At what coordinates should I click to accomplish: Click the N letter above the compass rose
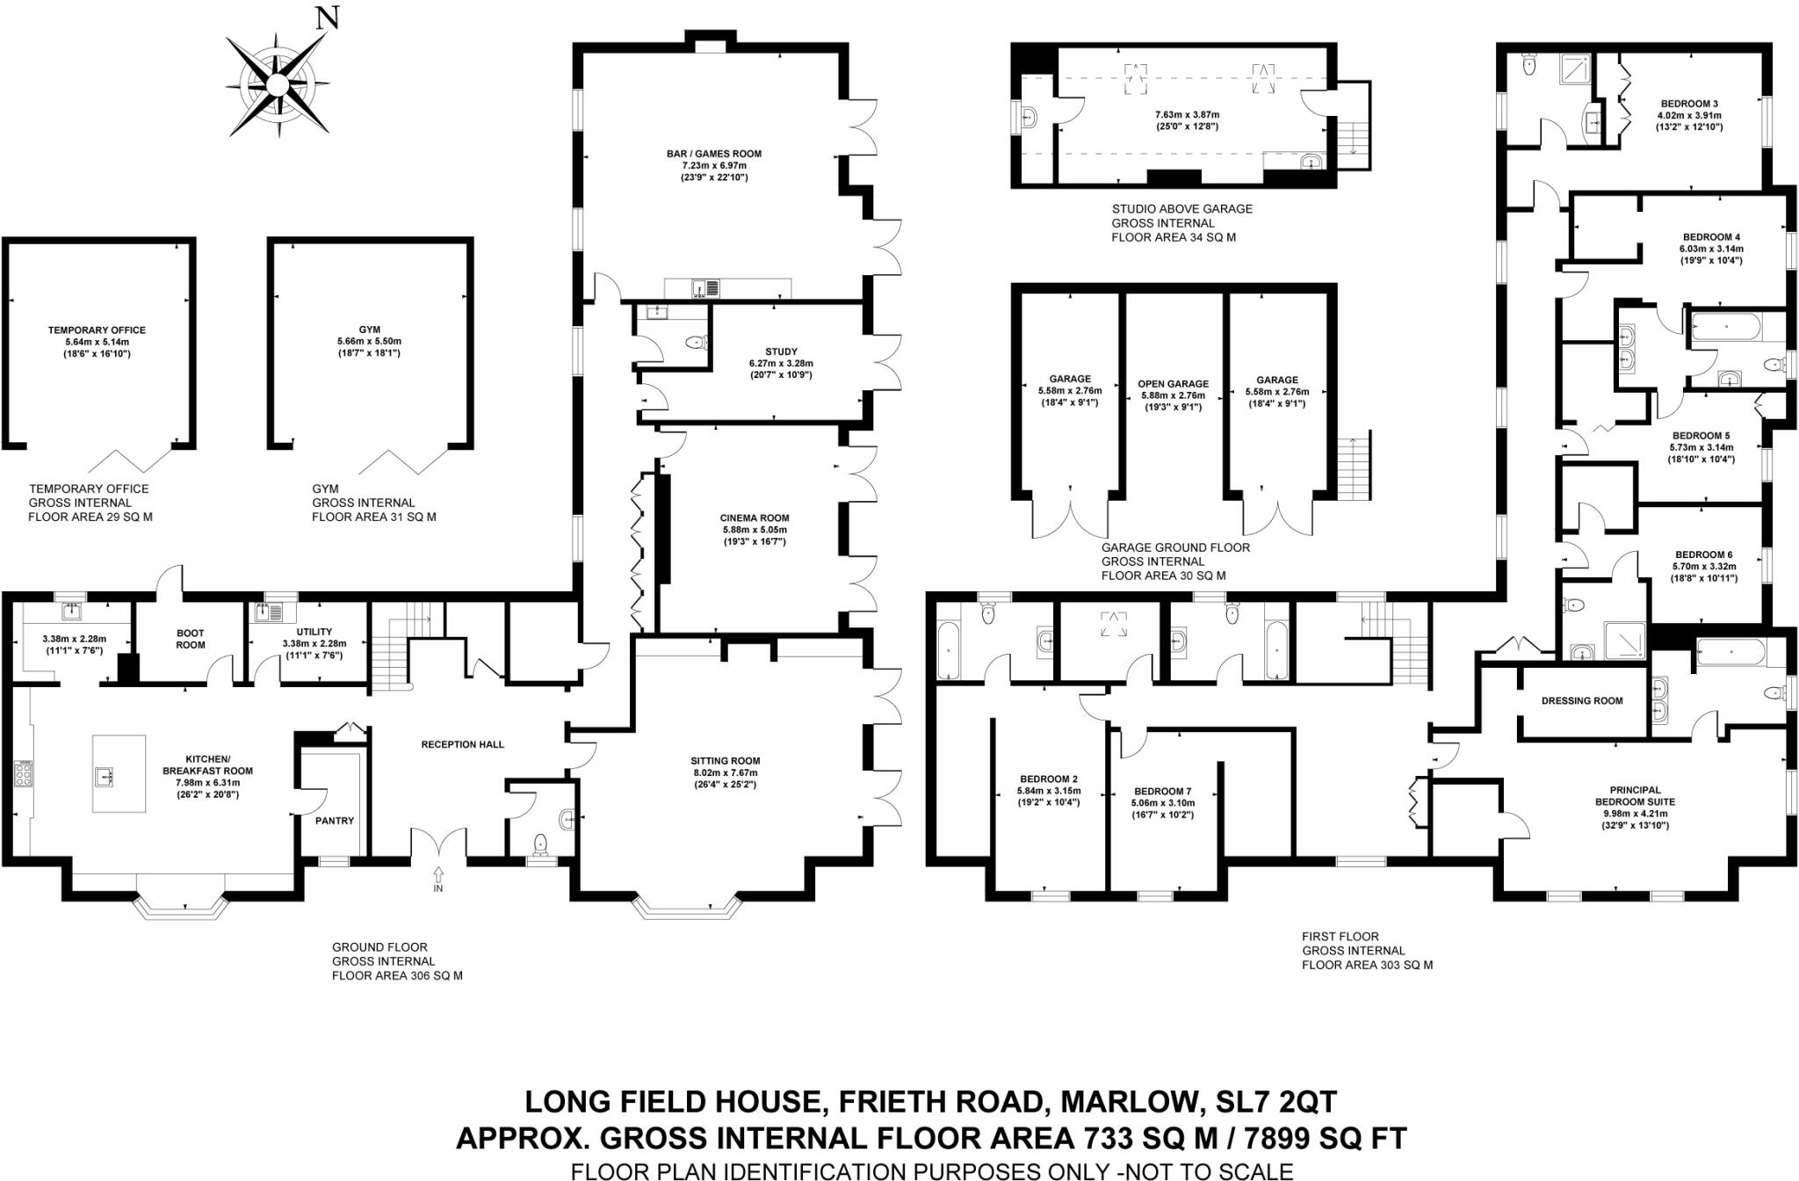click(327, 18)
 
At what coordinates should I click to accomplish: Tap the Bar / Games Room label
click(713, 154)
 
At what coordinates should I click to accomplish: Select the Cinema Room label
click(755, 518)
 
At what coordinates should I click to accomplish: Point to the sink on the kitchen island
click(107, 776)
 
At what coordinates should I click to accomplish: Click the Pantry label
click(335, 821)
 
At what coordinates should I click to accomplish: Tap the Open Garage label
click(1173, 384)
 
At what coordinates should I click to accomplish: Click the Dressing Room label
click(1582, 701)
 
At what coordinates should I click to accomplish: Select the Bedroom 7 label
click(1163, 792)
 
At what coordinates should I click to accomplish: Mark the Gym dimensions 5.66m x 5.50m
click(369, 341)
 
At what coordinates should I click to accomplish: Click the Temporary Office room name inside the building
click(97, 330)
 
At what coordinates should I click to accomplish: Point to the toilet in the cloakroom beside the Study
click(697, 343)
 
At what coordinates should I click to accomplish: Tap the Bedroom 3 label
click(1689, 104)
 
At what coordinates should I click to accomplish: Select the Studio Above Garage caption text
click(1181, 209)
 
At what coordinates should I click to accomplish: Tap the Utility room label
click(314, 632)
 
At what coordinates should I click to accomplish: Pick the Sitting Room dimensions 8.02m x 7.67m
click(725, 773)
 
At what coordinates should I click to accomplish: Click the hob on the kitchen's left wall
click(23, 774)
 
